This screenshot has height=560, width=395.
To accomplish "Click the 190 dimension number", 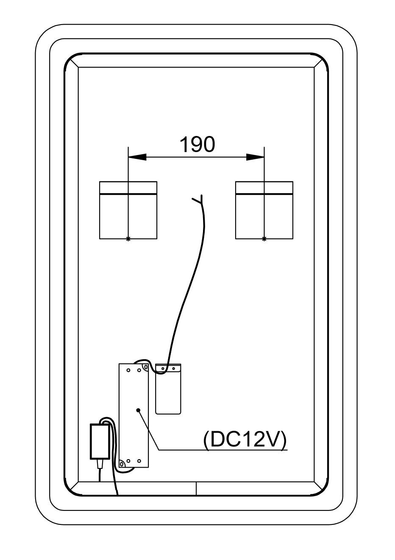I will (197, 144).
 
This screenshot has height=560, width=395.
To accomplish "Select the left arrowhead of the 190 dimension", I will (137, 157).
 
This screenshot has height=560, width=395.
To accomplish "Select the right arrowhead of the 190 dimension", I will (255, 157).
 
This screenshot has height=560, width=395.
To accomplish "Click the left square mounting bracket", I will (128, 211).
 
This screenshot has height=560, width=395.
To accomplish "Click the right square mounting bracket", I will (264, 211).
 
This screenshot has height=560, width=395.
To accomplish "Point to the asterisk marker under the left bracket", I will (128, 239).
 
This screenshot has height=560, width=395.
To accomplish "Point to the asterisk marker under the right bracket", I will (264, 239).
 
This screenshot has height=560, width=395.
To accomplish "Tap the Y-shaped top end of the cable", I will (199, 200).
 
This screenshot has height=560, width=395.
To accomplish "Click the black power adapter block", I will (100, 441).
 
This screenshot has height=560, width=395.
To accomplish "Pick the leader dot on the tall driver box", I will (138, 410).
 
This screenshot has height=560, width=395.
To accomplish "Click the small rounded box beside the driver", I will (168, 394).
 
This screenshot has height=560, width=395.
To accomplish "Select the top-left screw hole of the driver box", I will (128, 370).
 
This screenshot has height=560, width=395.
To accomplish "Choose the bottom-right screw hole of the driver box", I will (139, 460).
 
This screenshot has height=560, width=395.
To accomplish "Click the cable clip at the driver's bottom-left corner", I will (122, 464).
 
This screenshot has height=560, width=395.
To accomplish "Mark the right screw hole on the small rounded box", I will (173, 369).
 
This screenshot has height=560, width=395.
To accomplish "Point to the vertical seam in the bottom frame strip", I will (196, 488).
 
